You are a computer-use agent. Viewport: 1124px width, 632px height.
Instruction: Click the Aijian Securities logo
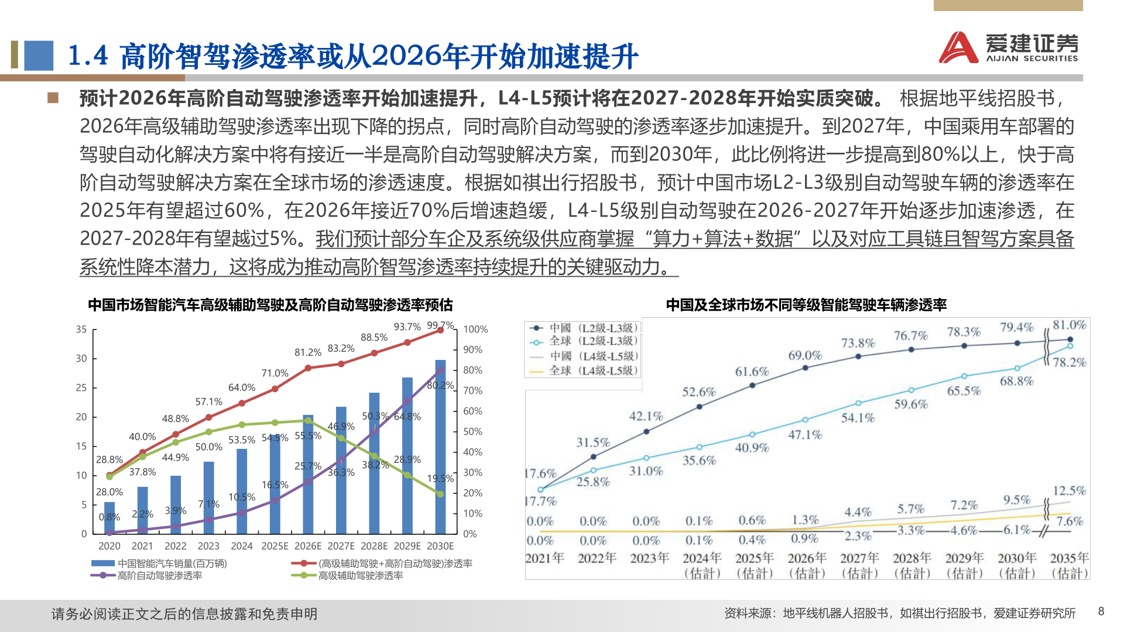(x=1008, y=47)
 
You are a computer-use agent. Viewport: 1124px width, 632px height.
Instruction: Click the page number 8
(x=1101, y=612)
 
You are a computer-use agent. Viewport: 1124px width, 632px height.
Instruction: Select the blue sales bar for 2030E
(x=440, y=447)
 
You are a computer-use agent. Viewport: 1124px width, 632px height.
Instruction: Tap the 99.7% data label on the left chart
(x=440, y=325)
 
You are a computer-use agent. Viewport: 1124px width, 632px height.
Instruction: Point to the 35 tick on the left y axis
(x=81, y=329)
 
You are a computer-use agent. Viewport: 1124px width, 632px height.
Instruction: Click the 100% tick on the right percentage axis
(x=475, y=329)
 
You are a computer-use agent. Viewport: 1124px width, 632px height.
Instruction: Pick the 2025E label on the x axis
(x=275, y=546)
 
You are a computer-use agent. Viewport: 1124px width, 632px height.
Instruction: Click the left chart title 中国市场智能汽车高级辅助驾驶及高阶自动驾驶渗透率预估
(x=270, y=305)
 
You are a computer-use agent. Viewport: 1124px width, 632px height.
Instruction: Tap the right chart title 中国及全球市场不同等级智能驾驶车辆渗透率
(x=806, y=305)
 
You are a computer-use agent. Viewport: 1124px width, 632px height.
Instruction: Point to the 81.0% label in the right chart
(x=1069, y=325)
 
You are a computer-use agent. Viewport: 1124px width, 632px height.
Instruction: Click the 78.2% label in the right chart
(x=1069, y=362)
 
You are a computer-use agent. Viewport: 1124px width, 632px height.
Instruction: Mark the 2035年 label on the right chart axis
(x=1069, y=558)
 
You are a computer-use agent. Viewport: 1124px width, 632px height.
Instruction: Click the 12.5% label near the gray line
(x=1069, y=490)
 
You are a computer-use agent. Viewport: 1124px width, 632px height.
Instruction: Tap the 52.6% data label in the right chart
(x=699, y=391)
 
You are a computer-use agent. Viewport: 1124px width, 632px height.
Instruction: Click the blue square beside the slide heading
(x=39, y=55)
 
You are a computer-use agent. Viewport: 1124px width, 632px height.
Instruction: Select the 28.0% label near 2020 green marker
(x=109, y=492)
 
